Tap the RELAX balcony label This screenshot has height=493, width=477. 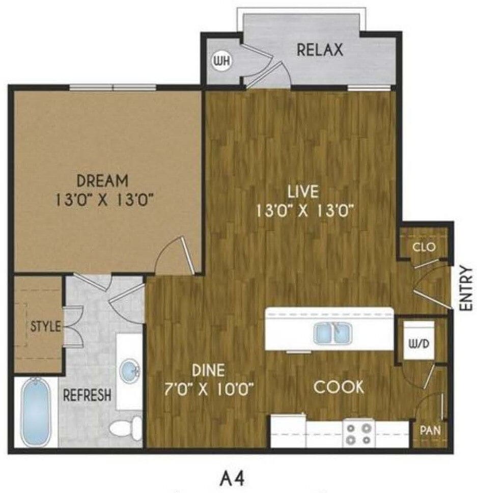(x=320, y=50)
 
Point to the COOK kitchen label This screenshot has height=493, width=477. (x=339, y=387)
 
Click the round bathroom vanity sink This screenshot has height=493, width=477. (x=130, y=370)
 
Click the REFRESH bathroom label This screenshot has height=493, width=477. (x=87, y=396)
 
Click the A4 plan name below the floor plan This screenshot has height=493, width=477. (x=232, y=478)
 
